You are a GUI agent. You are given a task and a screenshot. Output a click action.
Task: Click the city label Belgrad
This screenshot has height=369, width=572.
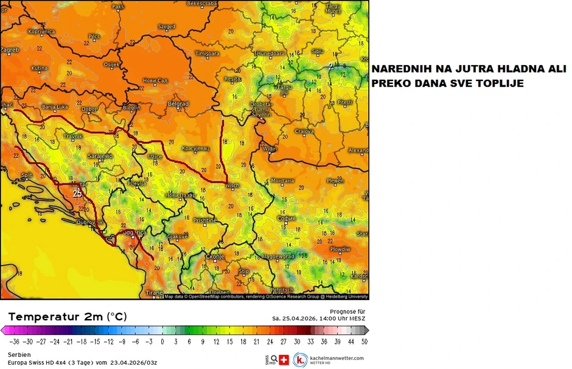[x=178, y=104]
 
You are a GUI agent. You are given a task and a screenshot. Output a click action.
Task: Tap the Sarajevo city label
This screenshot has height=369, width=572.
[x=100, y=156]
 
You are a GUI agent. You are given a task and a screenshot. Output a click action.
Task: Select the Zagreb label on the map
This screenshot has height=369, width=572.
[x=10, y=49]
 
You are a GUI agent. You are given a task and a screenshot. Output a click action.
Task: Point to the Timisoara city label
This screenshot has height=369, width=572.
[x=207, y=54]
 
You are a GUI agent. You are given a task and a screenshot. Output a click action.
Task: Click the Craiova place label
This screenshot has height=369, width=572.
[x=304, y=131]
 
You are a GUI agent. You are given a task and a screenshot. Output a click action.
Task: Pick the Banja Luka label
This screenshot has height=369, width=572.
[x=55, y=107]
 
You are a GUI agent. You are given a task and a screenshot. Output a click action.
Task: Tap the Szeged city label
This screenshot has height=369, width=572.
[x=166, y=27]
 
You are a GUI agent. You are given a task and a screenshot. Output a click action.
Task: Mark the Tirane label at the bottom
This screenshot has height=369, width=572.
[x=155, y=293]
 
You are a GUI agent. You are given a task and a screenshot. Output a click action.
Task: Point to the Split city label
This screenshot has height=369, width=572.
[x=27, y=175]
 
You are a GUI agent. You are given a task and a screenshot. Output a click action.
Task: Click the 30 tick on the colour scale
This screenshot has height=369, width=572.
[x=298, y=342]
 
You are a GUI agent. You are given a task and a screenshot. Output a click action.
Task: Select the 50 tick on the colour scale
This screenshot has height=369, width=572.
[x=363, y=342]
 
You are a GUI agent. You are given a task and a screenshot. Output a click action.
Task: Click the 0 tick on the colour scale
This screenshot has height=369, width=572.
[x=162, y=342]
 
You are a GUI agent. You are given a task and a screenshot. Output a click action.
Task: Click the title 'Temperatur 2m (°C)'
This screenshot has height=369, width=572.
[x=68, y=317]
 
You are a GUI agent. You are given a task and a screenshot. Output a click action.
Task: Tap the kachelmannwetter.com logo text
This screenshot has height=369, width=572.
[x=337, y=358]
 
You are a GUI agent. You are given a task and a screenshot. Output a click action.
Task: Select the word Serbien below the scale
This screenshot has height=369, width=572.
[x=19, y=354]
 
